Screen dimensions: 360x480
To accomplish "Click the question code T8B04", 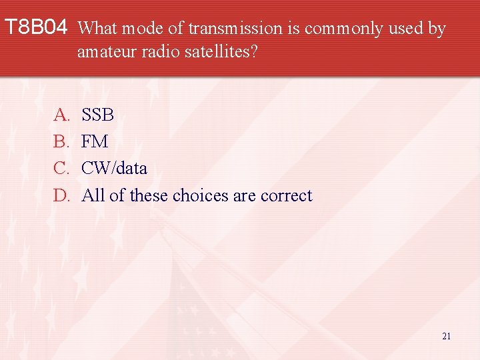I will pos(36,28).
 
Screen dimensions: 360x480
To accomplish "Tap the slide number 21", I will pos(446,336).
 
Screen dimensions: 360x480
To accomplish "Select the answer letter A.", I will pos(61,115).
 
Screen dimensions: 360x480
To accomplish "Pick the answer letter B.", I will pos(61,142).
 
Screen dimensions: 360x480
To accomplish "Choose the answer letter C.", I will pos(61,169).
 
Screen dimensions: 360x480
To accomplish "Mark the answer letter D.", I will pos(61,195).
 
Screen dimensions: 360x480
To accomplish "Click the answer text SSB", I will pos(97,115).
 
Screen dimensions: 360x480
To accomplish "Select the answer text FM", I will pos(94,142).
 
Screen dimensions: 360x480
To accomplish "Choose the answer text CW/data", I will pos(114,169).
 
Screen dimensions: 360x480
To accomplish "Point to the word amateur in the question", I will pos(101,51).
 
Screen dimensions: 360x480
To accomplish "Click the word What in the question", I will pos(97,29).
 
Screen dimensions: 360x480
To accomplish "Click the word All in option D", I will pos(93,195).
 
